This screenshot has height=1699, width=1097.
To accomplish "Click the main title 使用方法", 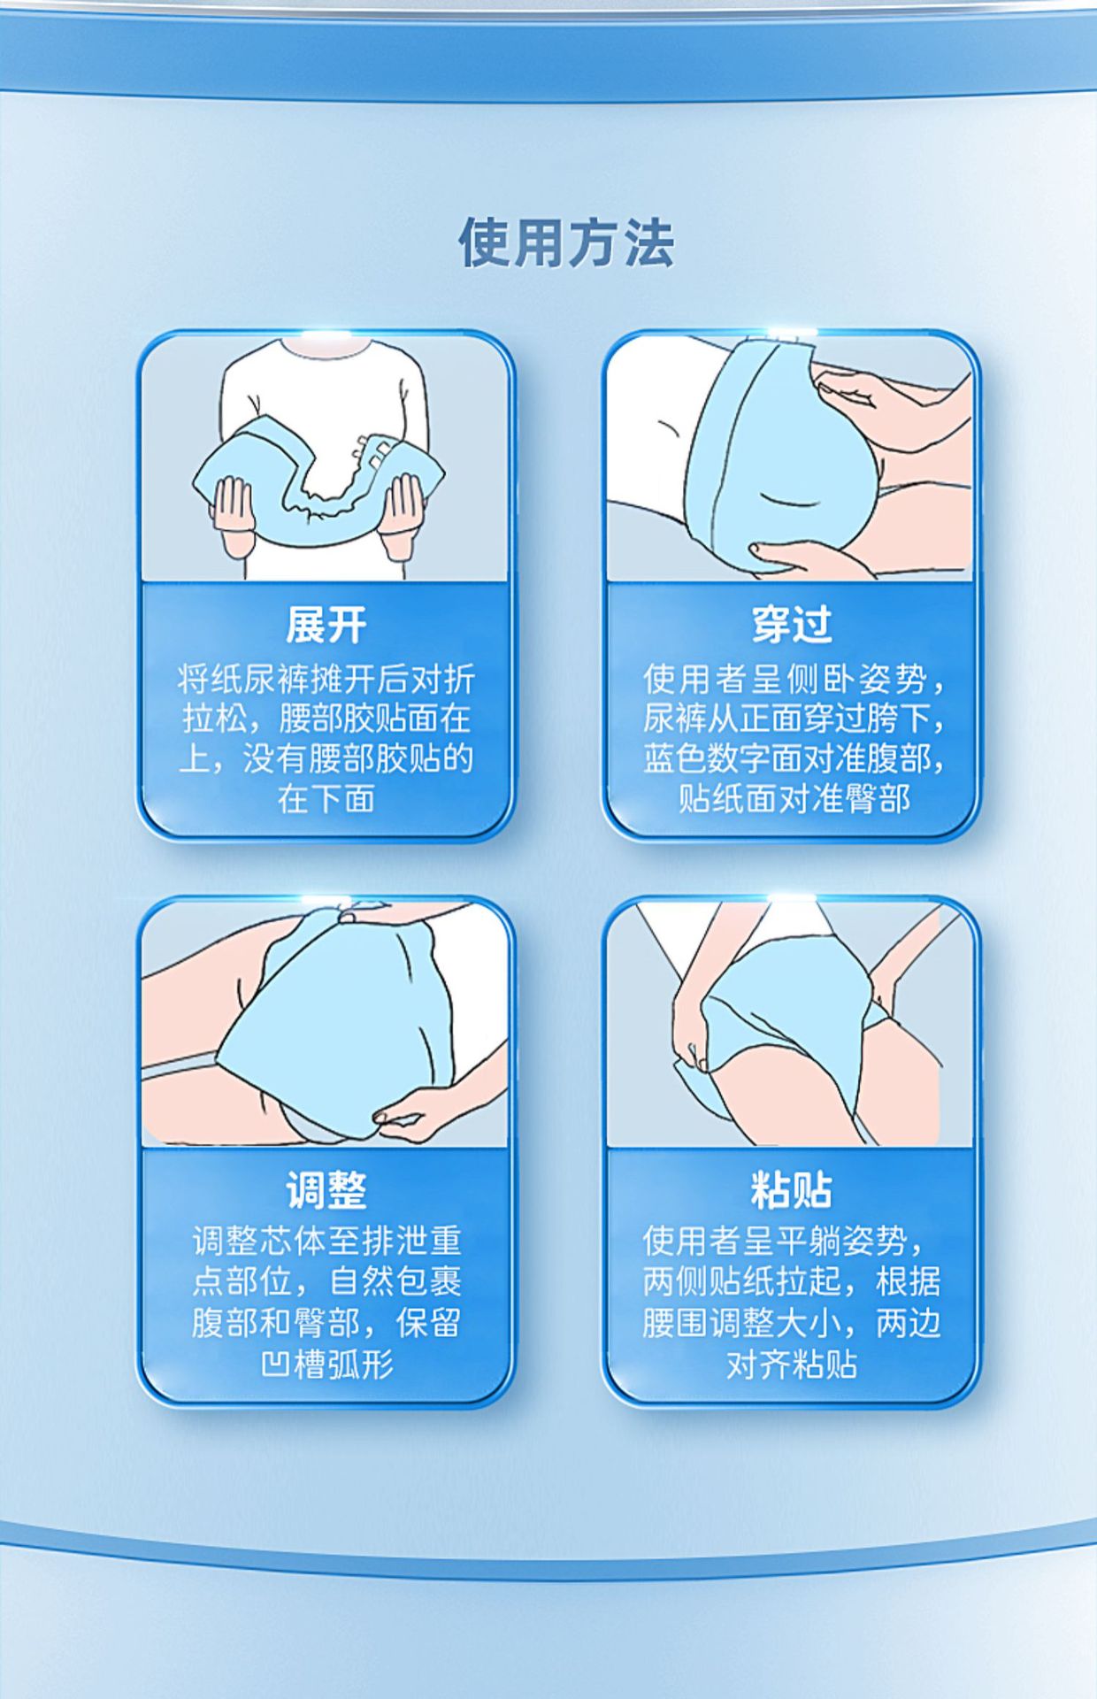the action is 566,242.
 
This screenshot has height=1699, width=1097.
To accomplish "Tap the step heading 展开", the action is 326,626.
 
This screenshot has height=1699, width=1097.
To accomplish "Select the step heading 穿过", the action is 792,626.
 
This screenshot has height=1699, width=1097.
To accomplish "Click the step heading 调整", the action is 326,1190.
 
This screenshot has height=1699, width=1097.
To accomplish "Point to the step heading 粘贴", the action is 792,1190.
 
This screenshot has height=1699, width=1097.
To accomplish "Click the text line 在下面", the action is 326,799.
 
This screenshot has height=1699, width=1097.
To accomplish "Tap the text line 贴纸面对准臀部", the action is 794,799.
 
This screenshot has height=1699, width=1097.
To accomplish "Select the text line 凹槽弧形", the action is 327,1365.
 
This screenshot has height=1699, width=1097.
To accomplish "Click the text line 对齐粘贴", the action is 792,1365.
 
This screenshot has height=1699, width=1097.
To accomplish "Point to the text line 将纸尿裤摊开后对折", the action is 326,680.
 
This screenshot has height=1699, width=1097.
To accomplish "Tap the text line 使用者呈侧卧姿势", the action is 794,680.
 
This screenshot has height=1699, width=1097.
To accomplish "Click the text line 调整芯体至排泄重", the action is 327,1241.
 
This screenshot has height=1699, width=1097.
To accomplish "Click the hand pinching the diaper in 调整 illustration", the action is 425,1112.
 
